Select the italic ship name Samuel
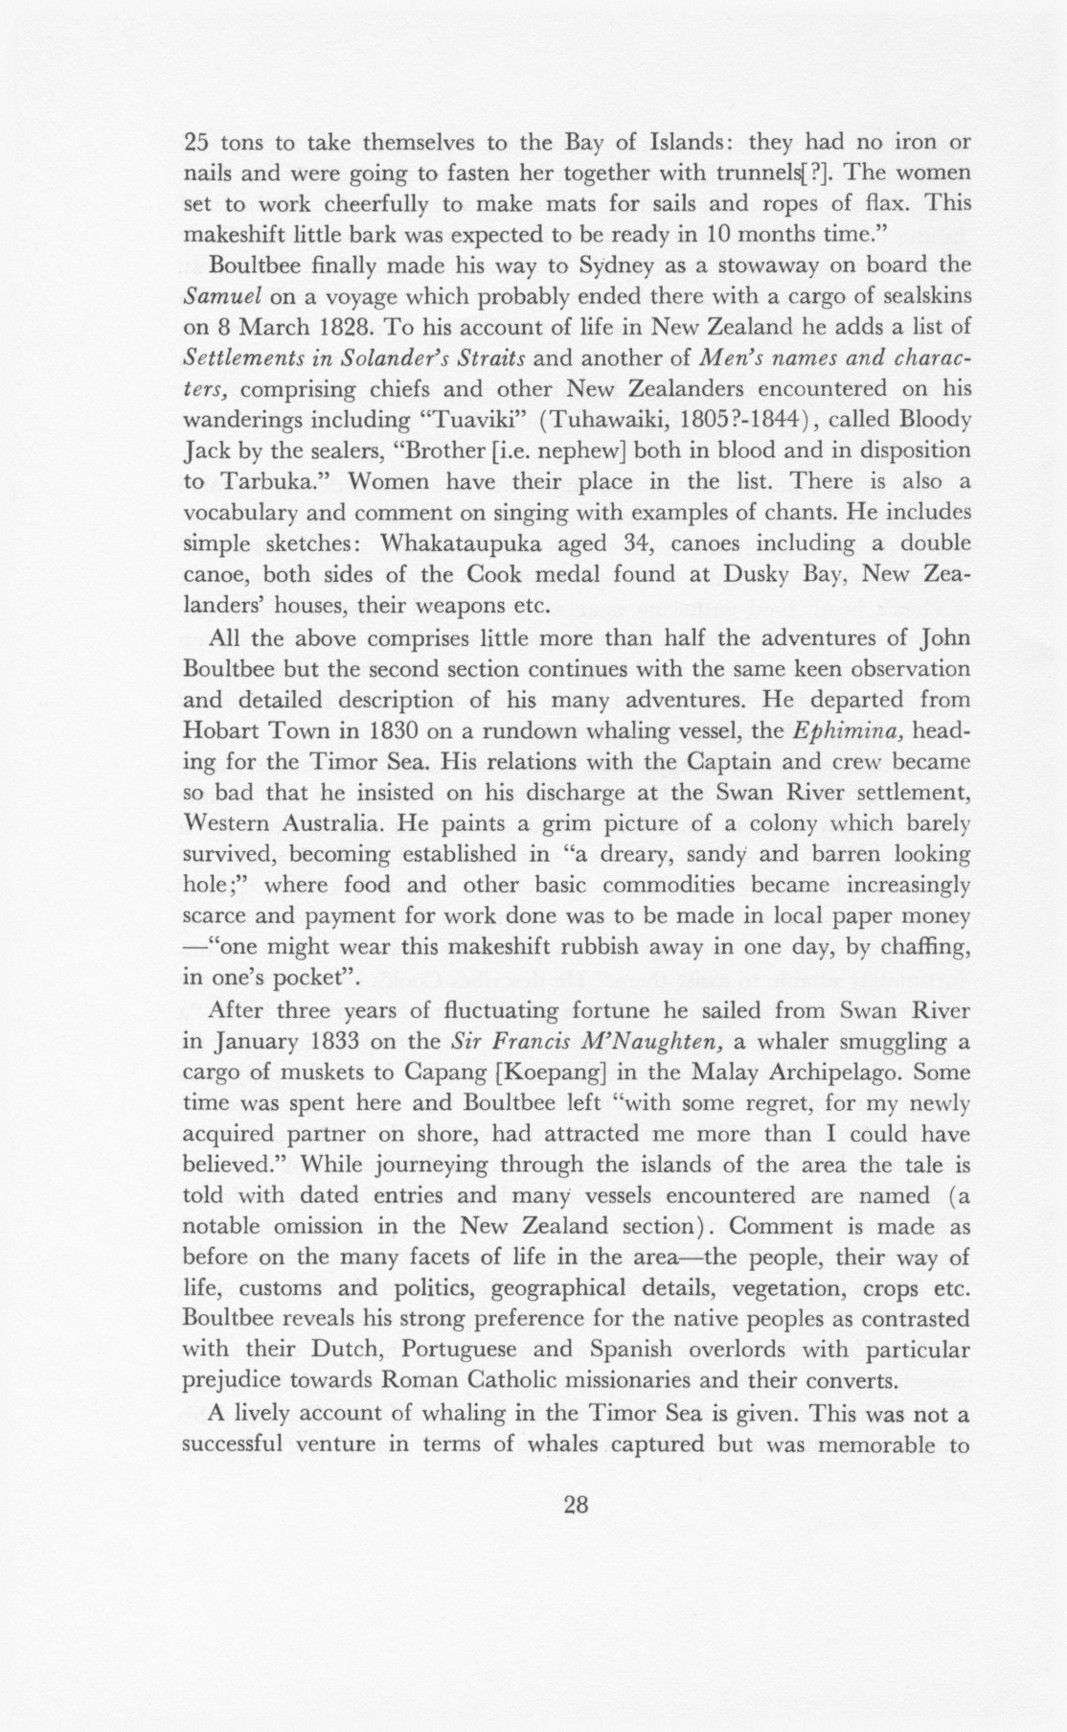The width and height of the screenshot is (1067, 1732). pyautogui.click(x=216, y=295)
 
